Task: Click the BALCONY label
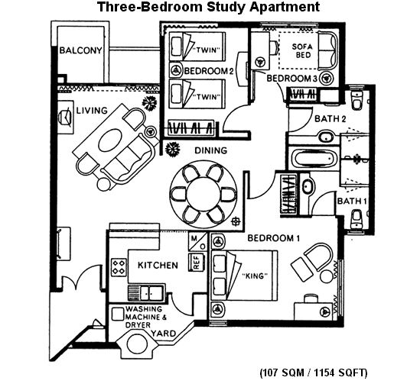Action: (x=81, y=50)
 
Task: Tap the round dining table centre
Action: (x=203, y=194)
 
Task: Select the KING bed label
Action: (x=254, y=276)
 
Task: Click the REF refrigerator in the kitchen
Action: (x=197, y=262)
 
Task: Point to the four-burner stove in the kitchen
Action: (x=119, y=267)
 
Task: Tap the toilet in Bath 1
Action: (x=357, y=219)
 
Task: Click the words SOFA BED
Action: (x=303, y=51)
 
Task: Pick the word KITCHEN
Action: (x=158, y=266)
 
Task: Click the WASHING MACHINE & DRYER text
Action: (x=146, y=317)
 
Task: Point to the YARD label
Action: (x=164, y=334)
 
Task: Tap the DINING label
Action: (x=211, y=150)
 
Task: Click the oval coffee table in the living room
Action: (x=110, y=140)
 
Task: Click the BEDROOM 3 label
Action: (x=292, y=79)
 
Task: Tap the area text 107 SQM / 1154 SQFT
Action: (x=314, y=373)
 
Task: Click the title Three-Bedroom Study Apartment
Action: (x=208, y=7)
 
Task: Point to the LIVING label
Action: (x=92, y=111)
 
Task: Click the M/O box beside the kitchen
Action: (x=198, y=242)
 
